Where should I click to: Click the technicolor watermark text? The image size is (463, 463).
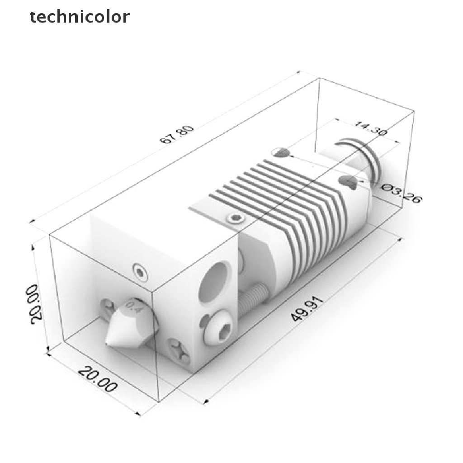tap(80, 17)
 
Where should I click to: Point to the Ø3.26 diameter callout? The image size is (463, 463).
tap(400, 193)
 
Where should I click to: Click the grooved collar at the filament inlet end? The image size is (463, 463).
tap(362, 158)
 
